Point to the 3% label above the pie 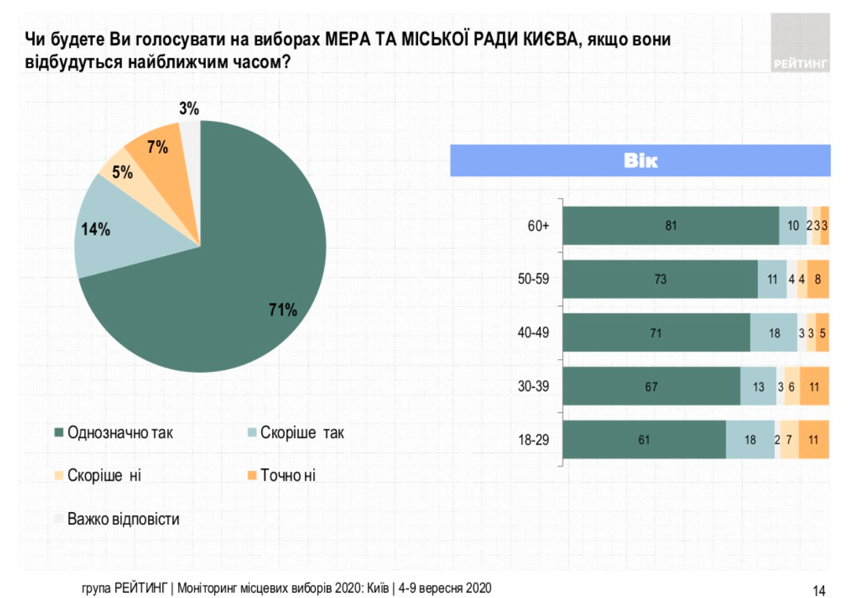point(189,109)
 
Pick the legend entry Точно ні point(287,475)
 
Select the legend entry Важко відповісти point(123,519)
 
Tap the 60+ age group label point(538,225)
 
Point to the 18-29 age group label point(534,440)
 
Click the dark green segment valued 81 point(670,225)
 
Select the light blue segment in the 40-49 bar point(774,332)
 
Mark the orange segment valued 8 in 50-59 point(818,279)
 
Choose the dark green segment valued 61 point(644,440)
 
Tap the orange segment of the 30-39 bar point(814,386)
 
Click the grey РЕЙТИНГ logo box point(801,42)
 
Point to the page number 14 point(819,589)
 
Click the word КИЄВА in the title point(549,39)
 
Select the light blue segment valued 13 point(759,386)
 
